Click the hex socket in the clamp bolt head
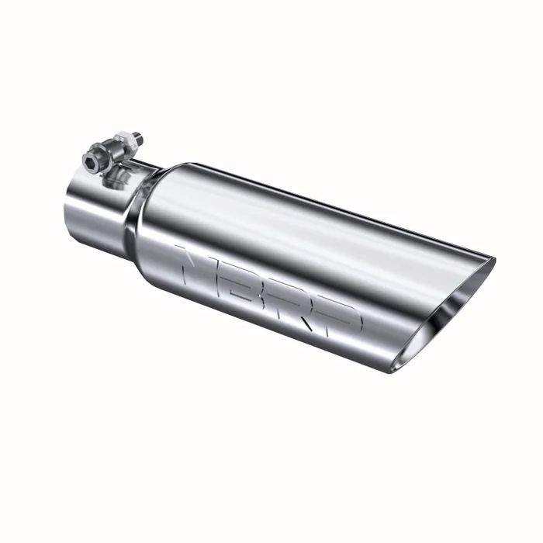90,164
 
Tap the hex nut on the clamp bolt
126,143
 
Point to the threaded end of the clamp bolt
138,137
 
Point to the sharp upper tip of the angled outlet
493,258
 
